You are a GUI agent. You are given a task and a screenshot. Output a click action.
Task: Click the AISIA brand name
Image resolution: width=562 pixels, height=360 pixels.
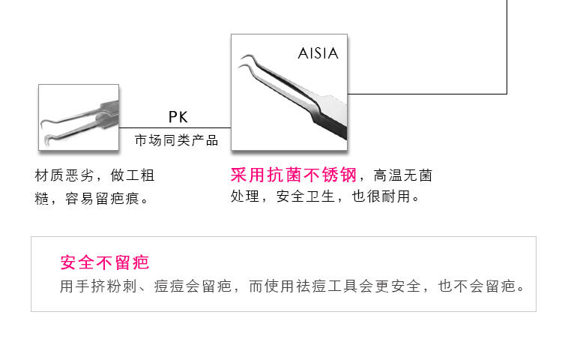point(318,53)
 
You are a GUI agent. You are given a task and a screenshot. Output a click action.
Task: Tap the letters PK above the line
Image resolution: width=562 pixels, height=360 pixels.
point(178,117)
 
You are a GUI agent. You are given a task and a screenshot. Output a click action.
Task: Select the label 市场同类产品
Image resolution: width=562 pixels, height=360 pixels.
point(176,140)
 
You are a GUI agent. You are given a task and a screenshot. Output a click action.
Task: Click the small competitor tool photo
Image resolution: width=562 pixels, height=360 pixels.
point(79,117)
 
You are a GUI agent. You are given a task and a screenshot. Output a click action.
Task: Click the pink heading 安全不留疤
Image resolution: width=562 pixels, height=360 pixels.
point(104,262)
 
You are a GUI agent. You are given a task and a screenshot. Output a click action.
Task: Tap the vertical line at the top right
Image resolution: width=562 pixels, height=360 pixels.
point(507,45)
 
